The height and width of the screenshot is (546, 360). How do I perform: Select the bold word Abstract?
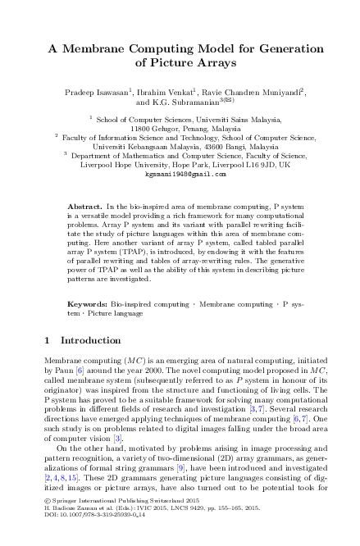pos(84,198)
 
